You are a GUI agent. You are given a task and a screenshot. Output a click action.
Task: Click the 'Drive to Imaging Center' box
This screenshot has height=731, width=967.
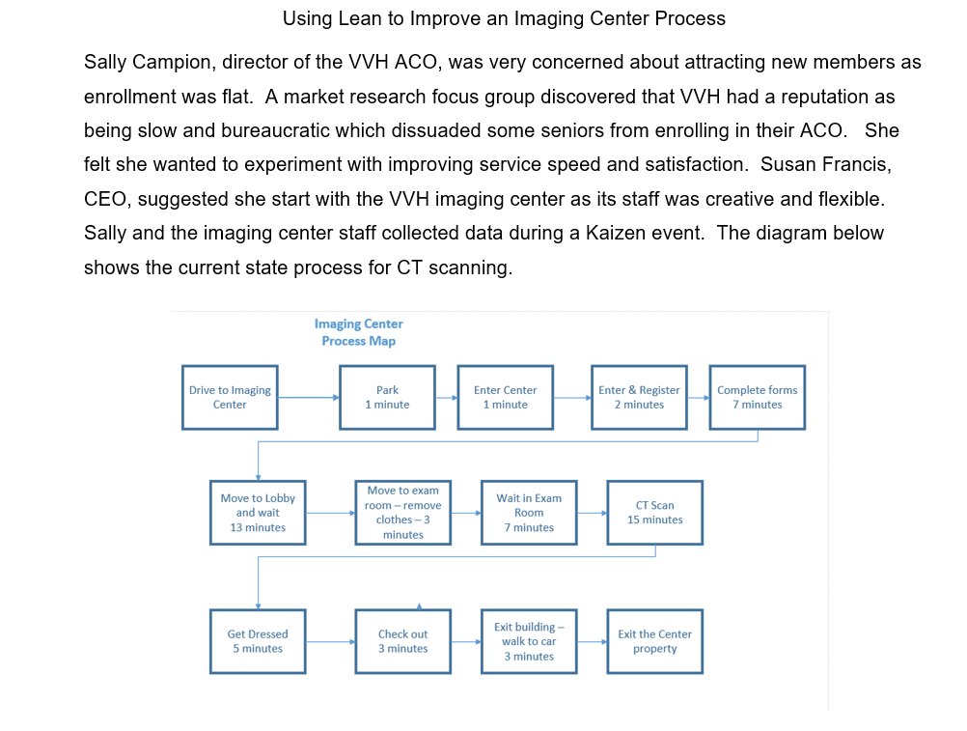tap(230, 397)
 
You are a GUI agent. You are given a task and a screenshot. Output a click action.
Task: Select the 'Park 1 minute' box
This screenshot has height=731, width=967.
tap(387, 397)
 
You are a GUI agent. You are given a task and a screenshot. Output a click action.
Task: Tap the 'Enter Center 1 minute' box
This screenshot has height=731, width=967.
tap(506, 397)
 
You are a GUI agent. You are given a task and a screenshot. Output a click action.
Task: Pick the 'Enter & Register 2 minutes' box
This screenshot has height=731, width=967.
tap(639, 397)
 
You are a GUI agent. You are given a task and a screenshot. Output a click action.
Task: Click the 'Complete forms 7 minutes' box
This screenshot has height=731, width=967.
tap(758, 397)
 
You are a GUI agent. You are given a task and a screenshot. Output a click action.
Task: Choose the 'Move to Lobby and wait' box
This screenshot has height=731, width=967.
tap(258, 513)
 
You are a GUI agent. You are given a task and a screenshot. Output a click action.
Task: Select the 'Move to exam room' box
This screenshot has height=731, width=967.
tap(402, 513)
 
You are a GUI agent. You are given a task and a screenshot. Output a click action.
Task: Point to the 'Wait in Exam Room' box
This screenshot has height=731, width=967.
tap(529, 513)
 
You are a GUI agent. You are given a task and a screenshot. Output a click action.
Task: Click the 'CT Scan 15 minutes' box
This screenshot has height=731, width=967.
tap(655, 513)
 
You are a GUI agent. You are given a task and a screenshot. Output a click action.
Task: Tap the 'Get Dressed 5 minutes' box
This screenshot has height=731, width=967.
tap(258, 641)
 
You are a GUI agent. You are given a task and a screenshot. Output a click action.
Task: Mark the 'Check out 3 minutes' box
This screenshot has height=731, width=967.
tap(402, 641)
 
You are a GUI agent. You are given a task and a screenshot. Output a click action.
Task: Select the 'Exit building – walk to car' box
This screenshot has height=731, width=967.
tap(529, 641)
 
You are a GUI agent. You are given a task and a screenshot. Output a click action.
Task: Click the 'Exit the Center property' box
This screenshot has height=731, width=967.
tap(655, 641)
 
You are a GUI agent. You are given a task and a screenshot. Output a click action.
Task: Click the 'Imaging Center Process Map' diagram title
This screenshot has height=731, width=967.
tap(358, 332)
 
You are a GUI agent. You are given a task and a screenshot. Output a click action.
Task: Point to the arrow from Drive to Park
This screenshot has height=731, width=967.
tap(309, 397)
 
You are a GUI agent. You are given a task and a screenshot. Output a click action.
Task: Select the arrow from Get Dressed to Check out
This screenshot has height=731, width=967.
tap(330, 641)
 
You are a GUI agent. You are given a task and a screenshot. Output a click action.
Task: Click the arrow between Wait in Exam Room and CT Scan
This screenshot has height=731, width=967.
tap(593, 513)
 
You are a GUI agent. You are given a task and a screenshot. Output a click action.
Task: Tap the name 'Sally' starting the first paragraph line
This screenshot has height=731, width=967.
tap(103, 63)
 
